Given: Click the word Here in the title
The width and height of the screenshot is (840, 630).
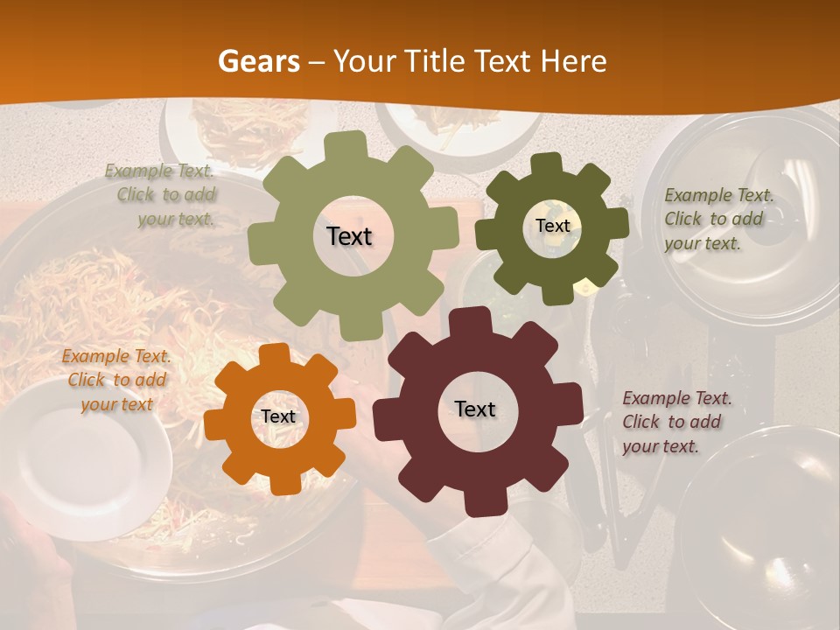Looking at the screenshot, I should [573, 61].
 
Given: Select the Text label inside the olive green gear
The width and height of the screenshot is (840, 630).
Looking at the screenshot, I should [349, 236].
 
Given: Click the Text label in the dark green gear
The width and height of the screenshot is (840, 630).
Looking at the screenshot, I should [552, 226].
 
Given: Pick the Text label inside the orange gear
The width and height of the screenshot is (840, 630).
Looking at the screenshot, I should [278, 416].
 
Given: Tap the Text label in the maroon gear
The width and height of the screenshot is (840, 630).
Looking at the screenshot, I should [475, 409].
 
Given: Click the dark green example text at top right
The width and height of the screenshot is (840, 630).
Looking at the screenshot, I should [717, 219].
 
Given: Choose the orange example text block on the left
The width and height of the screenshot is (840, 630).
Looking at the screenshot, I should [115, 380].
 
